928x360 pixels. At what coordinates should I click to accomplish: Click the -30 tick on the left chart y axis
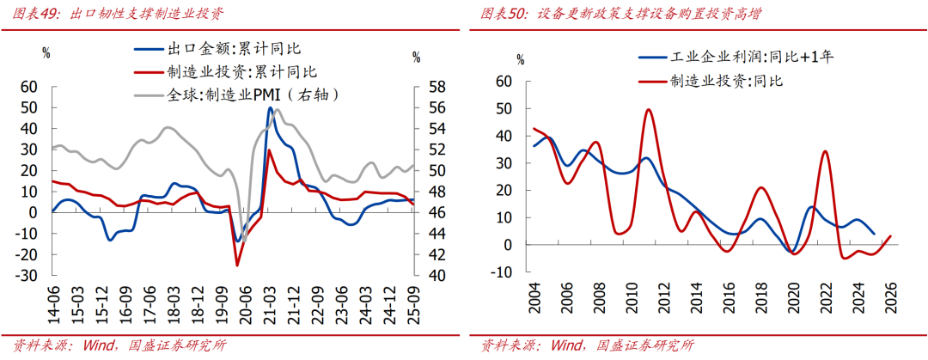(x=29, y=275)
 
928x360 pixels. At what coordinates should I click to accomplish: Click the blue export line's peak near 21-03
(x=270, y=107)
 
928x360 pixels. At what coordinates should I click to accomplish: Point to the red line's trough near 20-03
(x=237, y=265)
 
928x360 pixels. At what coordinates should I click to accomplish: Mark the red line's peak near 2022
(x=826, y=151)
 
